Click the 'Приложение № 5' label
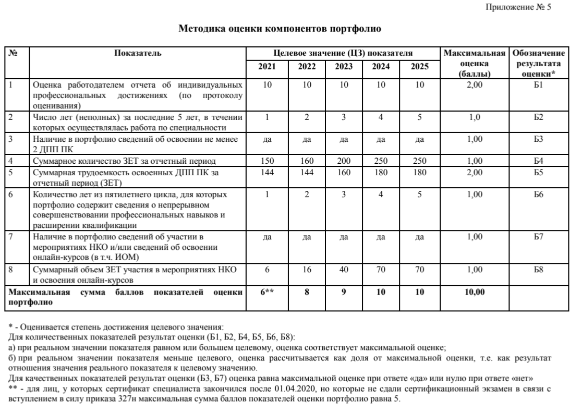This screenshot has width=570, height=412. point(525,7)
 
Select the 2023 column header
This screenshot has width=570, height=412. point(344,67)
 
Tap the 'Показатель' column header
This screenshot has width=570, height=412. point(138,53)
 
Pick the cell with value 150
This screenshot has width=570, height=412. point(267,161)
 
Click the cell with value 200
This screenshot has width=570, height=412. point(344,161)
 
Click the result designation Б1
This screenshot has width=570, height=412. point(539,84)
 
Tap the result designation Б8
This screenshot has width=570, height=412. point(539,270)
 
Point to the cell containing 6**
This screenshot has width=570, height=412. point(267,293)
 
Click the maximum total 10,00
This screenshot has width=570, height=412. point(474,293)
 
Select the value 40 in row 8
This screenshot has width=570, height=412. point(344,270)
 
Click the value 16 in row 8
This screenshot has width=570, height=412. point(307,270)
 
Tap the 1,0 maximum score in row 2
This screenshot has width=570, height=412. point(474,117)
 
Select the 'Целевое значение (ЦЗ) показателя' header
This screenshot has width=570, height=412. point(344,53)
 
